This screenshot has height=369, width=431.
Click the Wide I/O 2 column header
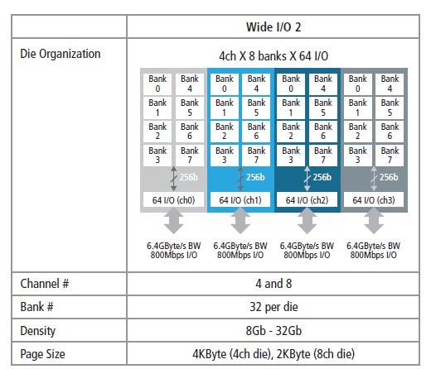274,27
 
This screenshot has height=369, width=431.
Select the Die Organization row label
61,54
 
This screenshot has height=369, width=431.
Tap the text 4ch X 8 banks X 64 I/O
274,56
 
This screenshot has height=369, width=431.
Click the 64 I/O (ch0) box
173,199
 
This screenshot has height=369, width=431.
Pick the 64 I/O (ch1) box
240,199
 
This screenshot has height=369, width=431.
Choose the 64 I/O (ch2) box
307,199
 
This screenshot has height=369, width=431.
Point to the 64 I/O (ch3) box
374,199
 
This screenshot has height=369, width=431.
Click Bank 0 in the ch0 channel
157,84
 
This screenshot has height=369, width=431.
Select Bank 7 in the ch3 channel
390,155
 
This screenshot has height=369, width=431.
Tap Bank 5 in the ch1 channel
256,108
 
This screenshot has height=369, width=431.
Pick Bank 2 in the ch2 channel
291,132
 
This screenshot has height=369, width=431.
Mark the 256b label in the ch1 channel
255,177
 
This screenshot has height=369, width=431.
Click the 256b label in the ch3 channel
389,177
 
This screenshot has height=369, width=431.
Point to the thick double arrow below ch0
173,221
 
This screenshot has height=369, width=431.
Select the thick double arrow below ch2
307,221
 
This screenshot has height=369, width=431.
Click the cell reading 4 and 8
274,284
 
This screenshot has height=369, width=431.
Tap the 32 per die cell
274,307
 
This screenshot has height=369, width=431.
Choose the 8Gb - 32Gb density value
274,331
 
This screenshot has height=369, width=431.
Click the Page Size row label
42,354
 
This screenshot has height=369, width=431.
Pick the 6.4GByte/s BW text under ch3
373,246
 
